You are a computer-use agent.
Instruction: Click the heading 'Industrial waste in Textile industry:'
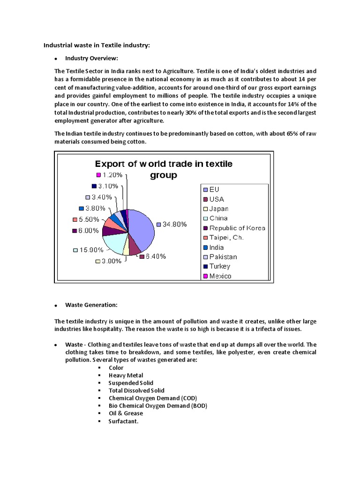pyautogui.click(x=97, y=45)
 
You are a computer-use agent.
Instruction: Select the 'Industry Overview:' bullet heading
pyautogui.click(x=91, y=58)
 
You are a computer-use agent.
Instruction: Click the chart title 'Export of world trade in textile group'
pyautogui.click(x=164, y=169)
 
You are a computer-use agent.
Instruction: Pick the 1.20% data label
pyautogui.click(x=112, y=175)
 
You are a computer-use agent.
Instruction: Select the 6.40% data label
pyautogui.click(x=155, y=256)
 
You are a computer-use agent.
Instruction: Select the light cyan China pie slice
pyautogui.click(x=112, y=243)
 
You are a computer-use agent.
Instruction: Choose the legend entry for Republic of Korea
pyautogui.click(x=237, y=228)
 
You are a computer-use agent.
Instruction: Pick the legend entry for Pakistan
pyautogui.click(x=223, y=257)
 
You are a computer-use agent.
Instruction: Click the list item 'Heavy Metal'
pyautogui.click(x=126, y=375)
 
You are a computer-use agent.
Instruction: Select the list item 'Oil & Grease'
pyautogui.click(x=126, y=413)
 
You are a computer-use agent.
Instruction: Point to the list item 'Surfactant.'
pyautogui.click(x=124, y=421)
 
